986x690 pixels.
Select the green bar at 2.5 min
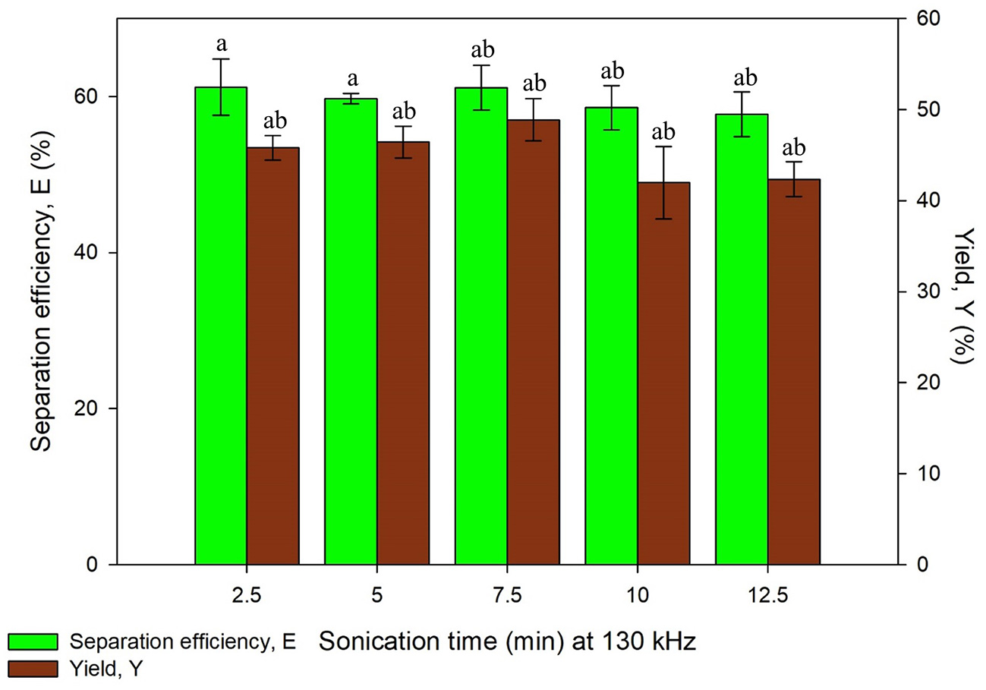221,326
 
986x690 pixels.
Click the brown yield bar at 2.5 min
273,356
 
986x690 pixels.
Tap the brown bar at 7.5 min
534,342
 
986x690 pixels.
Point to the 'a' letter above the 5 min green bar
351,79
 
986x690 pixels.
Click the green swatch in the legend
33,641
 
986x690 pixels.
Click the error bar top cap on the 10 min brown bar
664,147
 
